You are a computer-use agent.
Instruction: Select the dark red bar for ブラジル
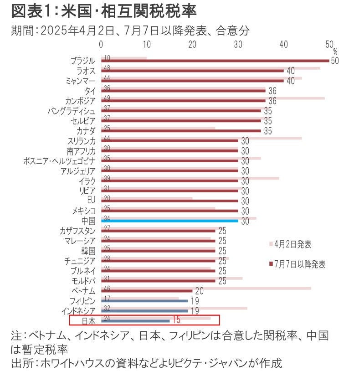pos(214,61)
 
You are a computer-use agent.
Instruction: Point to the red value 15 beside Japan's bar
pos(176,320)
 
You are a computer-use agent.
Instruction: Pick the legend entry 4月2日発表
pos(293,244)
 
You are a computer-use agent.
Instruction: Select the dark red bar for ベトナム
pos(146,291)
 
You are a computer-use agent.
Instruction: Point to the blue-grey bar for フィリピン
pos(144,301)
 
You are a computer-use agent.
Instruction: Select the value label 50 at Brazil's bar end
pos(335,61)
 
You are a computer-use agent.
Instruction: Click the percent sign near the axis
pos(335,51)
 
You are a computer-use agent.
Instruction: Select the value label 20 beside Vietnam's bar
pos(199,291)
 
